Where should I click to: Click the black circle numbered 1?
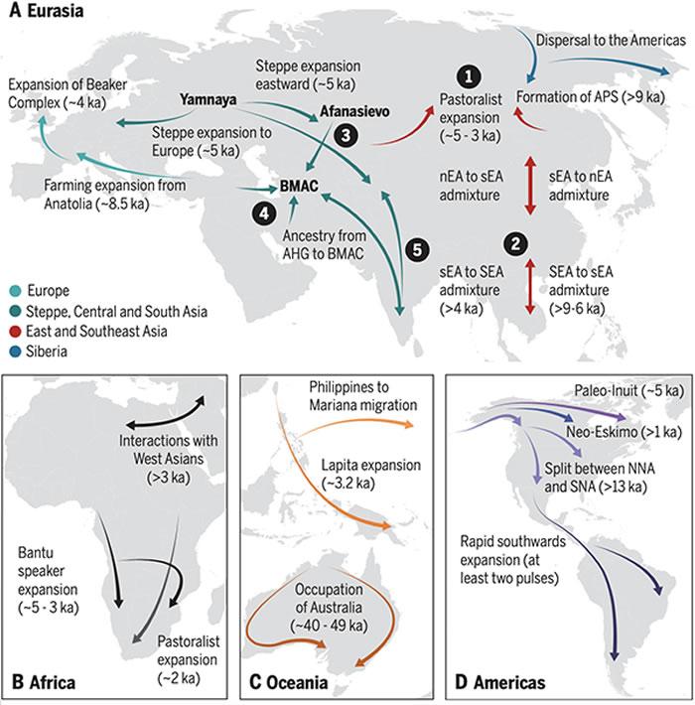[x=470, y=76]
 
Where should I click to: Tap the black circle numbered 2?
[x=515, y=244]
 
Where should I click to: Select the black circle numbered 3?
[x=346, y=135]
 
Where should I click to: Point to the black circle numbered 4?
[x=264, y=213]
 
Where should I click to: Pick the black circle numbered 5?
[x=418, y=249]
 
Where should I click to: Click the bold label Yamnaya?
[x=208, y=99]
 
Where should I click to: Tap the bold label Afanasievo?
[x=354, y=111]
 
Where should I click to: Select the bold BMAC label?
[x=299, y=186]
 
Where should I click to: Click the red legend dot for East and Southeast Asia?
[x=15, y=332]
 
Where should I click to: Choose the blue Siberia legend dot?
[x=15, y=352]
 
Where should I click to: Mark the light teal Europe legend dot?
[x=15, y=291]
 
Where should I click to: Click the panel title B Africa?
[x=44, y=682]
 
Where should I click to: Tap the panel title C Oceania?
[x=288, y=682]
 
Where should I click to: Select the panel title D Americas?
[x=499, y=682]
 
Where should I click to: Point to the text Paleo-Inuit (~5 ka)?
[x=628, y=390]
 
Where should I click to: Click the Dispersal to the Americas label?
[x=611, y=40]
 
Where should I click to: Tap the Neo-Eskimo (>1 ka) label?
[x=624, y=432]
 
